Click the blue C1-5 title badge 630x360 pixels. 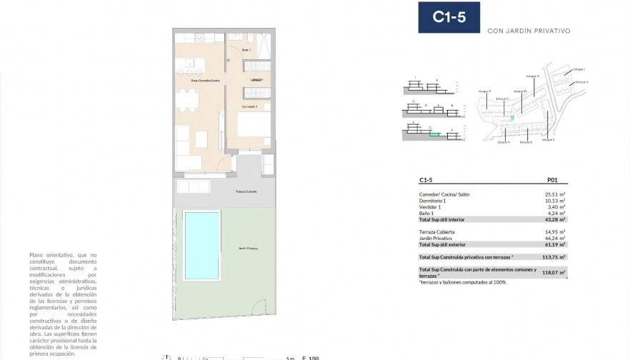449,18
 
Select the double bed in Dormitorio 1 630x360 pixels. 253,127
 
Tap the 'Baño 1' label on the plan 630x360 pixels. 246,50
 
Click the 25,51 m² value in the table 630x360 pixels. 556,194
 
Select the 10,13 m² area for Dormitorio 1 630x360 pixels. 556,201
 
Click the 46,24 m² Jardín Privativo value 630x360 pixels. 556,238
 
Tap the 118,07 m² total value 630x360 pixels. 554,272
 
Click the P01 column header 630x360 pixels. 551,181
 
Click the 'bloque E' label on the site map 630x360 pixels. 549,140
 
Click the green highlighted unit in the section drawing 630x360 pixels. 434,133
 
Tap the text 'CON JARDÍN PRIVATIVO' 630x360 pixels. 528,31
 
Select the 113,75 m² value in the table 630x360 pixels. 554,256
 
